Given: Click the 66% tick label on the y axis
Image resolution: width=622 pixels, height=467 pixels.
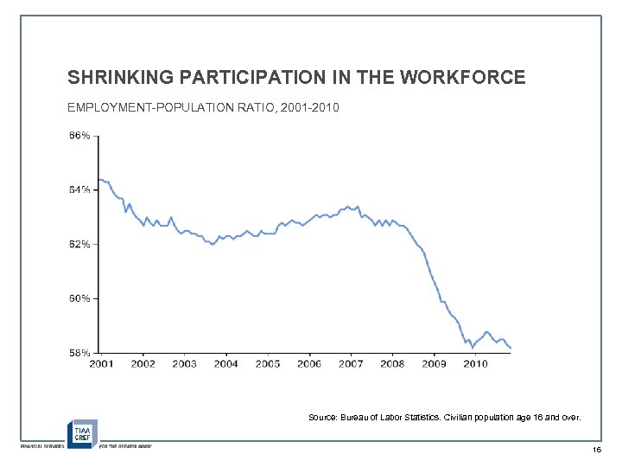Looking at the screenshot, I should click(x=79, y=136).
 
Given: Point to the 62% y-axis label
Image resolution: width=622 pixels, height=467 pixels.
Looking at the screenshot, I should click(x=79, y=244).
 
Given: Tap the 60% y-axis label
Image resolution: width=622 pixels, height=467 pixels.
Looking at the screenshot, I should click(x=79, y=298).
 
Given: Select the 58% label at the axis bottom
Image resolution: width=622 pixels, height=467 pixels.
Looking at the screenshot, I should click(x=79, y=353).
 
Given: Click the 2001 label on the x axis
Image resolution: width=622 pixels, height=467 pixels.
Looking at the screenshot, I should click(x=101, y=364).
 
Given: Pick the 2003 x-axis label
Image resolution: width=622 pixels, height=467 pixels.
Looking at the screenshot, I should click(x=184, y=364).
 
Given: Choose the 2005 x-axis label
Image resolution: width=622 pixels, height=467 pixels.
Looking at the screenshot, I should click(x=267, y=364).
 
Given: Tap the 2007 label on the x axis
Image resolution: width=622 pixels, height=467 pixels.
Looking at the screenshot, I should click(x=350, y=364).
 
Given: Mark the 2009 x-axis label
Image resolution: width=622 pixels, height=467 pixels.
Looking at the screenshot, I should click(x=434, y=364).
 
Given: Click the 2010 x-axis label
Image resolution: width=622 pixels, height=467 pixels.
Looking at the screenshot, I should click(x=475, y=364).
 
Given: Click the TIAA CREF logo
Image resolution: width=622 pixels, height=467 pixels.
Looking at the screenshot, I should click(x=82, y=432).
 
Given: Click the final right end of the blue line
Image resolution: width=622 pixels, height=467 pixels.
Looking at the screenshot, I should click(x=511, y=348).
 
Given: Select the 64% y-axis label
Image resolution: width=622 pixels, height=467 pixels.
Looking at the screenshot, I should click(x=79, y=190).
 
